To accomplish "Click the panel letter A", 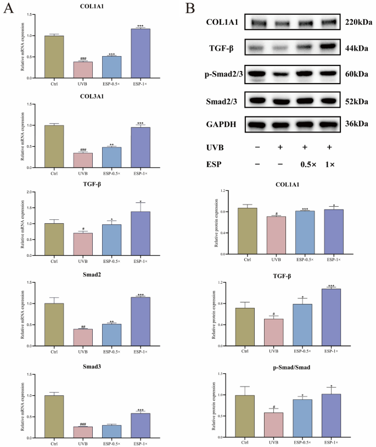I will coord(8,9).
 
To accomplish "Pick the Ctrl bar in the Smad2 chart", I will coord(54,325).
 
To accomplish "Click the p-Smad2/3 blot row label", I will coord(226,74).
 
